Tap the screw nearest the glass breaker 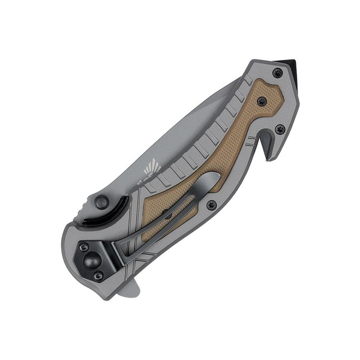pos(277,73)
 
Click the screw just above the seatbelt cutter pos(279,128)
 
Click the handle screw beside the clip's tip pos(211,205)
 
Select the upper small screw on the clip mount pos(85,247)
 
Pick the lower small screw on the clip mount pos(98,275)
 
